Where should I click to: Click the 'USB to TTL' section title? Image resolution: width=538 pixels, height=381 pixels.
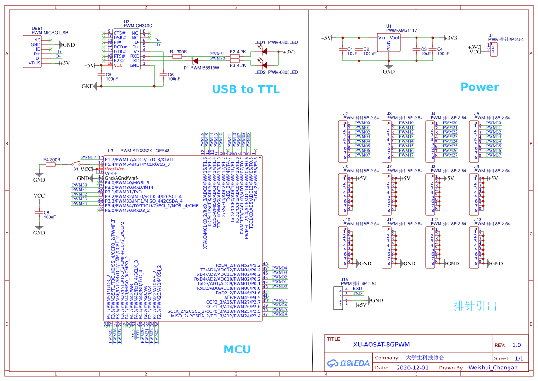(245, 89)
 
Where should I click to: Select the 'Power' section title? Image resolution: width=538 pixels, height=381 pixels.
(480, 87)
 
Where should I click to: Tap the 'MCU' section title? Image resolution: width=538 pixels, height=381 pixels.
(237, 349)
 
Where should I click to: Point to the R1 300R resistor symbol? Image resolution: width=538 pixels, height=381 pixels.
(178, 56)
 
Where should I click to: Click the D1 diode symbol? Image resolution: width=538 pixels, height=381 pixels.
(195, 61)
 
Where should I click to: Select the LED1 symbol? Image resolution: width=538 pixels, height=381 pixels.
(265, 52)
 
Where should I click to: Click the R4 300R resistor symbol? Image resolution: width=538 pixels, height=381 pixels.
(50, 164)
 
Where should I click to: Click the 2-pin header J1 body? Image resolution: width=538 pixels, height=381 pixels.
(493, 50)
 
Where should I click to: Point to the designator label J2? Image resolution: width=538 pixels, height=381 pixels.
(346, 113)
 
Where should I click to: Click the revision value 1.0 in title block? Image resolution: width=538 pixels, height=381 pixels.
(516, 345)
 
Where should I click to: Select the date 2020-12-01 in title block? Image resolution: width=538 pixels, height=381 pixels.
(412, 368)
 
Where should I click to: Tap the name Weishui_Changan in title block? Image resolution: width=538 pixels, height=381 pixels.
(493, 368)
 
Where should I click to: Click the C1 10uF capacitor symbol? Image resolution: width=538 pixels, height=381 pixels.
(343, 49)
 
